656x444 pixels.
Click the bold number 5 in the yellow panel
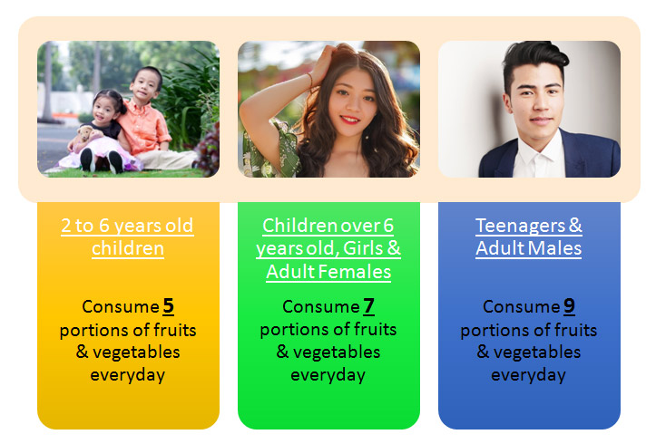(x=168, y=305)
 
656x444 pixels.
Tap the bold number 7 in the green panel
(x=368, y=305)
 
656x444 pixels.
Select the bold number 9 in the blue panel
(x=569, y=305)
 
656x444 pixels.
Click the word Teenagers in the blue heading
(x=521, y=226)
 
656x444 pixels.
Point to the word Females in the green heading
(x=355, y=272)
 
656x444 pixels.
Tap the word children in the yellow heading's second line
(x=128, y=248)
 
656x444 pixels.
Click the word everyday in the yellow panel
(x=128, y=375)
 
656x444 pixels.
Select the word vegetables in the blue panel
(x=537, y=352)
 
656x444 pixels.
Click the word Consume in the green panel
(x=321, y=306)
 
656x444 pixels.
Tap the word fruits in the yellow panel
(x=175, y=330)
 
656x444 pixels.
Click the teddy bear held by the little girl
(x=86, y=134)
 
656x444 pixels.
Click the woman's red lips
(x=349, y=120)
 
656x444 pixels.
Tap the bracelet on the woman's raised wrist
(x=309, y=80)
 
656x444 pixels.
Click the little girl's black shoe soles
(x=102, y=160)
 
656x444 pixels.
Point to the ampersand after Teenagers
(x=575, y=226)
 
